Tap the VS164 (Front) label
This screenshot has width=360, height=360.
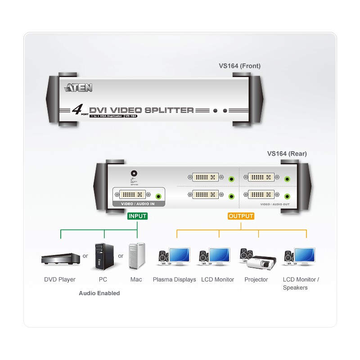239,66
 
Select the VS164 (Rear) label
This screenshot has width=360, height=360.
287,153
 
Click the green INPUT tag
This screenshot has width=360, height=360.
138,216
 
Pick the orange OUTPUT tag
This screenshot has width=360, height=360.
241,216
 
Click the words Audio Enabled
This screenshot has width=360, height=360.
99,293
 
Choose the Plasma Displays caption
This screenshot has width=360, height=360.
175,279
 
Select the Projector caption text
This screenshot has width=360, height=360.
256,279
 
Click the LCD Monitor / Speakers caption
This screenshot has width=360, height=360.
301,283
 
